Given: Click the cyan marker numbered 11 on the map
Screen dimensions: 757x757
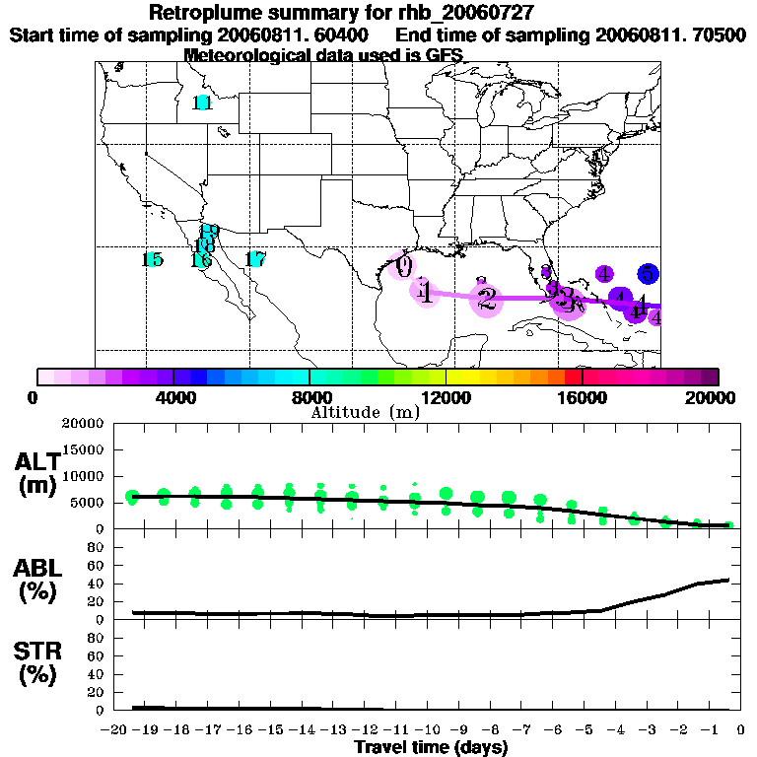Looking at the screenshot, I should click(203, 103).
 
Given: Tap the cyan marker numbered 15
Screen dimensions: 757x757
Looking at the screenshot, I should click(152, 260).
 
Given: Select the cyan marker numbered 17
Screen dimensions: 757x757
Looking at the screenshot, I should click(255, 260).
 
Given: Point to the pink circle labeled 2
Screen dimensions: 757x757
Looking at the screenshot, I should click(487, 298).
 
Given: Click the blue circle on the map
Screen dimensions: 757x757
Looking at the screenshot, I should click(648, 274).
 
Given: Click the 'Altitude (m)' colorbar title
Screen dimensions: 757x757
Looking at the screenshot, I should click(365, 412).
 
